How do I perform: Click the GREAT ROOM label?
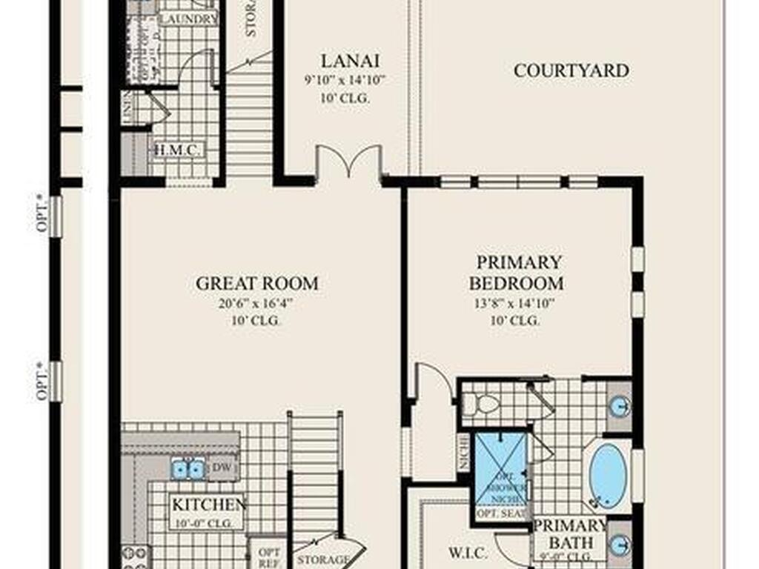point(257,283)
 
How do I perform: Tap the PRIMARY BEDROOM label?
point(519,273)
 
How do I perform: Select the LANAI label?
point(341,60)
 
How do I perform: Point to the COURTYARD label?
point(571,70)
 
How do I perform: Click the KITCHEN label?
point(209,505)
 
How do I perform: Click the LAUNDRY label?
point(188,19)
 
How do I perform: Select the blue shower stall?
point(501,467)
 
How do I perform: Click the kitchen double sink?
point(188,468)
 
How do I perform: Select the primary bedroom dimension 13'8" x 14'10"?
point(514,302)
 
